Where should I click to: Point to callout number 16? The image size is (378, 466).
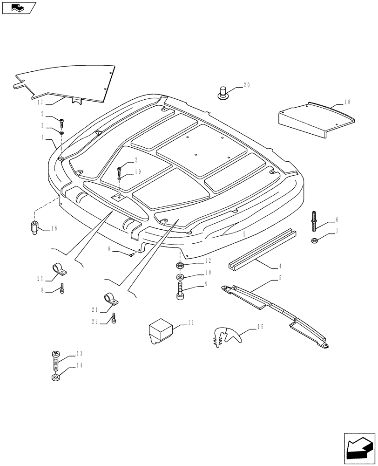[x=54, y=228]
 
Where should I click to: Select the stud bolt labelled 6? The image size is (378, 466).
[x=314, y=220]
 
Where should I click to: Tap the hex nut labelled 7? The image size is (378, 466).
[x=314, y=240]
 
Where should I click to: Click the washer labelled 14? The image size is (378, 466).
[x=55, y=377]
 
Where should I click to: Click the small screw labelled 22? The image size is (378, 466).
[x=114, y=319]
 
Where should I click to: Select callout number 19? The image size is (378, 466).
[x=138, y=172]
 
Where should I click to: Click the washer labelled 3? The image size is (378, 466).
[x=61, y=133]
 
